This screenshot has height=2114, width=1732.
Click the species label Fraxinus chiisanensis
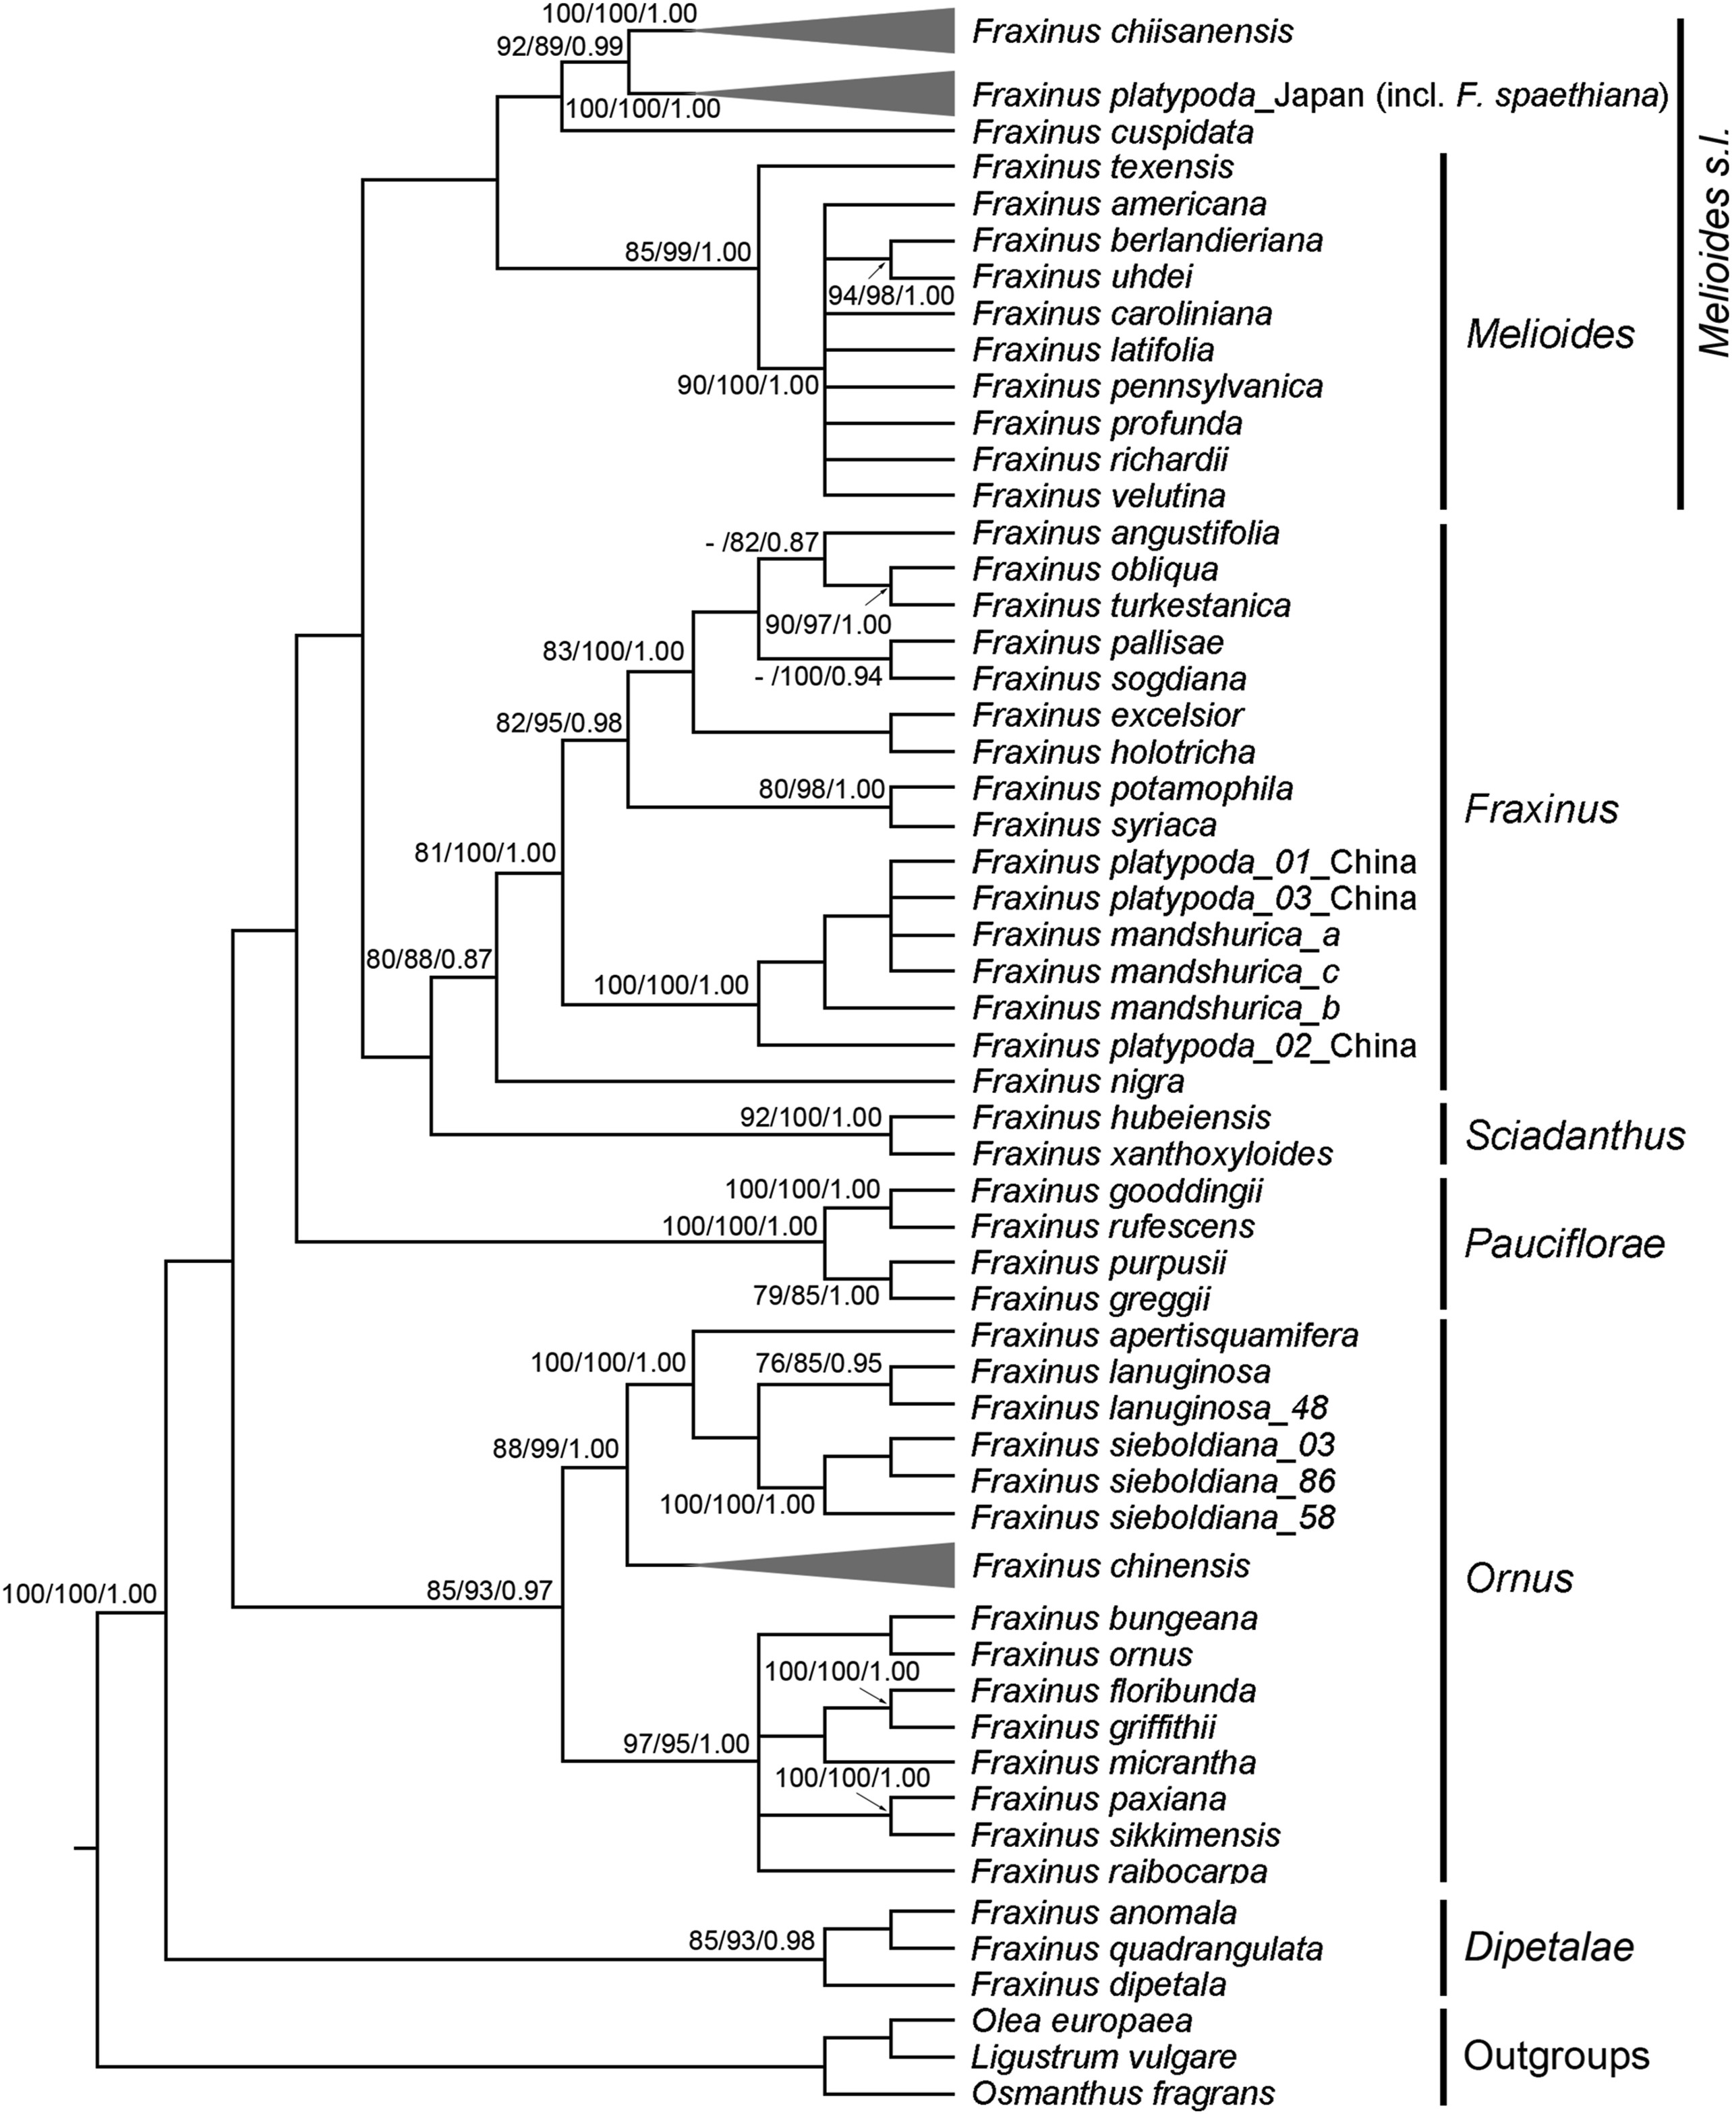tap(1132, 31)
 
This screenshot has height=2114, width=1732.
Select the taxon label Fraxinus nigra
tap(1078, 1082)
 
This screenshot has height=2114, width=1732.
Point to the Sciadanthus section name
tap(1574, 1136)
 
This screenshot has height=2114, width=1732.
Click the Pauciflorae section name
tap(1564, 1244)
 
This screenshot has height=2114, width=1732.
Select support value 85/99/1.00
tap(687, 252)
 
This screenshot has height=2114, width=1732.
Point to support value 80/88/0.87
tap(429, 960)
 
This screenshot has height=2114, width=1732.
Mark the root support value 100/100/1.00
tap(80, 1594)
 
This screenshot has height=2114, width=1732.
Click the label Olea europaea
tap(1082, 2020)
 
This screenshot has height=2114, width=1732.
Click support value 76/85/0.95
tap(819, 1363)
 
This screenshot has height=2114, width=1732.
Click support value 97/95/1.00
tap(687, 1744)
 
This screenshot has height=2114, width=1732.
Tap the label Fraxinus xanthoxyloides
tap(1153, 1154)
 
